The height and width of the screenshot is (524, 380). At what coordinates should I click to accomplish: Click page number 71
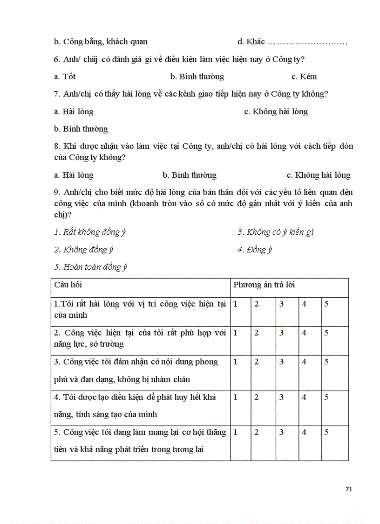[349, 489]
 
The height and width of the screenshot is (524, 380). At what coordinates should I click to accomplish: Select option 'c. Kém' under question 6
[304, 77]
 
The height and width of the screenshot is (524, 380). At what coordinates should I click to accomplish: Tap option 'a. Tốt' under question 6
[65, 77]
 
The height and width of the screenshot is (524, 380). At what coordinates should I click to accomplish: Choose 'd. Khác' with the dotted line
[292, 42]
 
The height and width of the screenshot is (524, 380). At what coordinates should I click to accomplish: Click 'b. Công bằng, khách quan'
[101, 42]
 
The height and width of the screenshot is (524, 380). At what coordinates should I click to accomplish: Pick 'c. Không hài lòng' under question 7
[276, 112]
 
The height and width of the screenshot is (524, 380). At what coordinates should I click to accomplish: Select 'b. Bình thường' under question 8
[190, 175]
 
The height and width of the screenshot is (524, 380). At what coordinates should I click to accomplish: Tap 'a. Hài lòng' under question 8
[74, 175]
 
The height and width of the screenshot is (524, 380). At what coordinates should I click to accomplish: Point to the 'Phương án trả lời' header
[264, 285]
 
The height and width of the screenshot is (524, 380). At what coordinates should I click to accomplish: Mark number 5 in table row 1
[326, 304]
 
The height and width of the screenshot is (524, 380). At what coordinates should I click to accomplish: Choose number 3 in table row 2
[281, 333]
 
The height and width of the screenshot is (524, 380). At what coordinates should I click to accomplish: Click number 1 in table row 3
[236, 362]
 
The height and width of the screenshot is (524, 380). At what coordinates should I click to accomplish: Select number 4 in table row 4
[304, 398]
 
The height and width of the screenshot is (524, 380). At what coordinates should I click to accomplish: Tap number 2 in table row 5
[257, 432]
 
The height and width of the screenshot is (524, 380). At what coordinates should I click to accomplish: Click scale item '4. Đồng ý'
[255, 250]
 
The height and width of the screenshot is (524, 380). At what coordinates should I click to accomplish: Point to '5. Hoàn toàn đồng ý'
[90, 267]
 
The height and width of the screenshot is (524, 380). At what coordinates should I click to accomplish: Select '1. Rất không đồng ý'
[90, 232]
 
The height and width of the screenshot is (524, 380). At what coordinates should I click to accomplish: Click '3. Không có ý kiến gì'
[276, 232]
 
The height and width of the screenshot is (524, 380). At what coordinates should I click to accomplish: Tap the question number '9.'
[57, 192]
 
